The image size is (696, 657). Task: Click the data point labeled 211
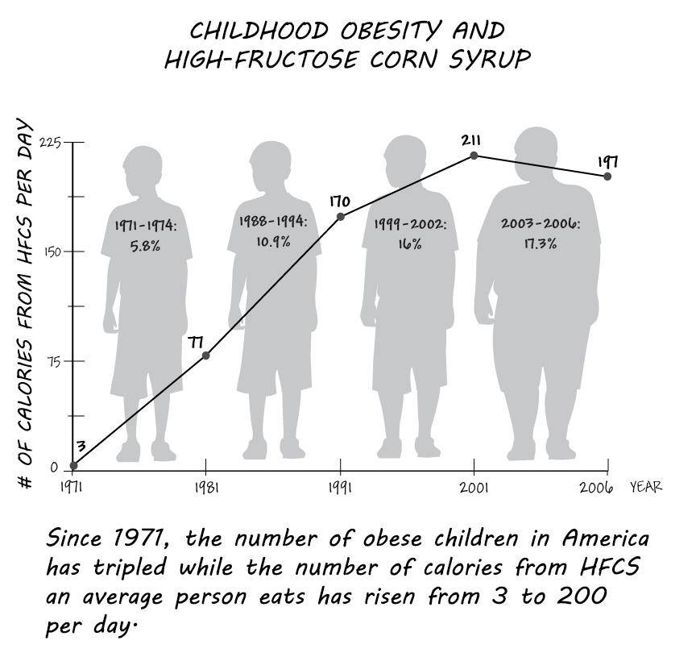(474, 156)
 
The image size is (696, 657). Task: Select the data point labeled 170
(341, 217)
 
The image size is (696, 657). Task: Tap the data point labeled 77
(206, 356)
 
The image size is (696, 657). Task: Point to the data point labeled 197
(607, 177)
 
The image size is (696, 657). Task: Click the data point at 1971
(73, 465)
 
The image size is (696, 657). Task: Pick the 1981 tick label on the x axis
(206, 488)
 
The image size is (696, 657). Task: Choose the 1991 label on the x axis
(340, 488)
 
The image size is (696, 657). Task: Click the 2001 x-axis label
(474, 488)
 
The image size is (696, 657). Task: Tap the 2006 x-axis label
(596, 488)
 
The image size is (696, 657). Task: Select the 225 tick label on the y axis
(50, 143)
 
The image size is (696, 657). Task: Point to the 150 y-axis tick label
(52, 252)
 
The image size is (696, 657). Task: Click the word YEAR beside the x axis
(646, 486)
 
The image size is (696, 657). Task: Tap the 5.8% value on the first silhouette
(145, 245)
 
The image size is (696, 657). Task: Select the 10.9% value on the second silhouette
(273, 241)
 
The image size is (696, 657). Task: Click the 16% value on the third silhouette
(410, 244)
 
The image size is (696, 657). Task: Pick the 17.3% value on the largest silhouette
(540, 243)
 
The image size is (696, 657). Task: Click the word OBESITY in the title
(391, 31)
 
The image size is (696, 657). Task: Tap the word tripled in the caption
(130, 568)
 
